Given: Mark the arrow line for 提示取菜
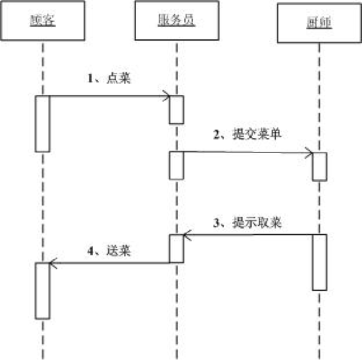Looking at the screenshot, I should [x=249, y=235].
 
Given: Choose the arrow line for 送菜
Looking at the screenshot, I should [x=109, y=263].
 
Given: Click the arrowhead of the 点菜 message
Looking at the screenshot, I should [x=166, y=96].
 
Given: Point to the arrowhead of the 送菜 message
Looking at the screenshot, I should [x=53, y=263].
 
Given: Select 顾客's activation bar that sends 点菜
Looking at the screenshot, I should [x=42, y=123].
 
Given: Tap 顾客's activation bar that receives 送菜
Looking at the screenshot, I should [x=42, y=290].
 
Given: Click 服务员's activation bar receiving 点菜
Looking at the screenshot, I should [x=176, y=110].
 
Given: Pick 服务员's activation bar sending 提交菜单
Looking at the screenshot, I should [x=176, y=165].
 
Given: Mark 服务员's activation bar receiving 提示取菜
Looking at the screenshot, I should [x=176, y=248].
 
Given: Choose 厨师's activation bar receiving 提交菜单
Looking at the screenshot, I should [x=320, y=166].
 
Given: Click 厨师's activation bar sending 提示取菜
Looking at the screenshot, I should [x=320, y=262].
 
